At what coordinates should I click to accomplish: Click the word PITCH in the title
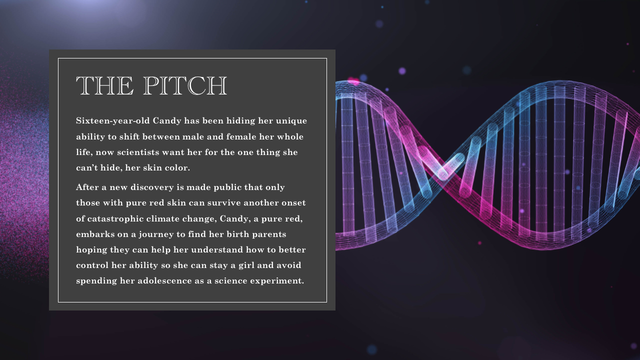click(x=185, y=85)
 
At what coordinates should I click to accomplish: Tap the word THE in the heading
click(x=105, y=85)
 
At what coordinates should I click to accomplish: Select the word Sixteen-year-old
click(x=113, y=121)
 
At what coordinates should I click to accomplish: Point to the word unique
click(x=291, y=121)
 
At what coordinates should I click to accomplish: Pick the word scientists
click(x=138, y=152)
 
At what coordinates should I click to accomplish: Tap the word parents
click(x=269, y=234)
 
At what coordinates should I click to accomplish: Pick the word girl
click(x=246, y=265)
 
